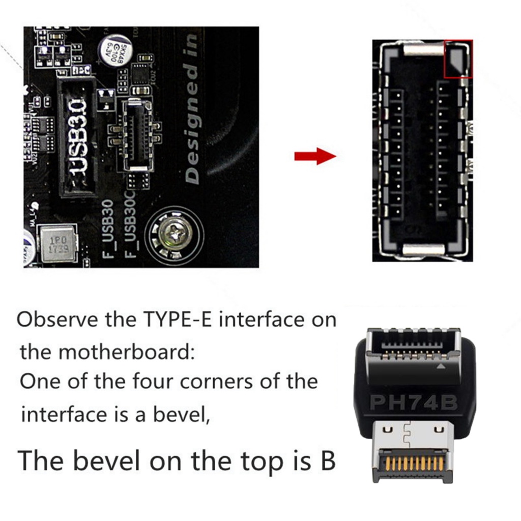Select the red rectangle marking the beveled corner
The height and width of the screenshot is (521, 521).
click(458, 59)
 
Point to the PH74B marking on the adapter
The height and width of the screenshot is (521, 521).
click(414, 402)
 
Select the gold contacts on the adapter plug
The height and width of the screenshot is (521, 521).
click(412, 463)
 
